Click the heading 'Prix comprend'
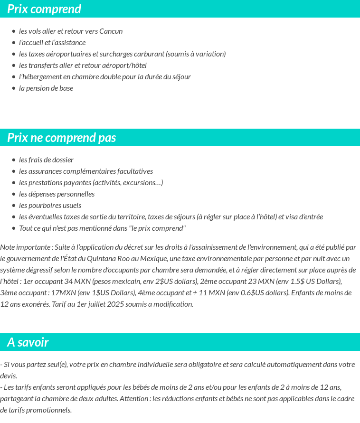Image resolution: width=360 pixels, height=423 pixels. [x=44, y=9]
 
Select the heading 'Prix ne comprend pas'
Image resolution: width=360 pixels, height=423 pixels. [x=62, y=138]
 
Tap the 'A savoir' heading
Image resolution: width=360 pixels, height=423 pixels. [x=28, y=342]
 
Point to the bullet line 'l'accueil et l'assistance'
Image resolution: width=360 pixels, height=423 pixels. [x=52, y=43]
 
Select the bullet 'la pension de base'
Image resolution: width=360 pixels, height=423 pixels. [x=46, y=88]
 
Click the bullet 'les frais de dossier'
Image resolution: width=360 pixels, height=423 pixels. [x=46, y=160]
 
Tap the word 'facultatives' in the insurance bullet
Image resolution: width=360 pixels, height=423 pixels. [x=135, y=171]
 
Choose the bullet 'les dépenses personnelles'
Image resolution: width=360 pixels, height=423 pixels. [x=57, y=194]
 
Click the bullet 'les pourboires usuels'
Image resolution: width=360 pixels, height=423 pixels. [x=50, y=206]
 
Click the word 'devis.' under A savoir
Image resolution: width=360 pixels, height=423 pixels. [x=9, y=376]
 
